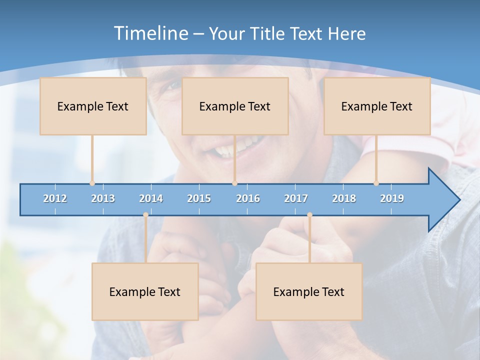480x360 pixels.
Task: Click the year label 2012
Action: tap(55, 198)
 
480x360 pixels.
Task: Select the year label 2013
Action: tap(103, 198)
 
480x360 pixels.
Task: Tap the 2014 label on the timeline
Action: tap(151, 198)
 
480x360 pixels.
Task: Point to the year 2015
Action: tap(199, 198)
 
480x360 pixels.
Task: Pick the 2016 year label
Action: tap(248, 198)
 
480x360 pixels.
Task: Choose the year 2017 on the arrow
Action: tap(296, 198)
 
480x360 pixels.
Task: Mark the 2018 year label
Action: tap(344, 198)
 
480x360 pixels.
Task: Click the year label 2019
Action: tap(392, 198)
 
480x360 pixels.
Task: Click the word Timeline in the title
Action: tap(150, 33)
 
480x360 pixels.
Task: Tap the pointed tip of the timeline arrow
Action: tap(458, 200)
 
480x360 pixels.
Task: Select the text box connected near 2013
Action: tap(93, 106)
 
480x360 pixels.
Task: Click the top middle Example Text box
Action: tap(235, 106)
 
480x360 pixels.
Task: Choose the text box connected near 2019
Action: tap(377, 106)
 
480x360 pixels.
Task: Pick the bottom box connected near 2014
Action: tap(145, 291)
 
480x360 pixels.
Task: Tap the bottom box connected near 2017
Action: tap(309, 291)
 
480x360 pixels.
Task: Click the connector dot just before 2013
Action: tap(92, 183)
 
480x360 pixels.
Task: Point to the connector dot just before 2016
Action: tap(235, 183)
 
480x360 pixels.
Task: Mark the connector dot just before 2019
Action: tap(376, 183)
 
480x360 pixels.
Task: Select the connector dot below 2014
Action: tap(145, 215)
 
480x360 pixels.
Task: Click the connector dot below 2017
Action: tap(309, 215)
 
